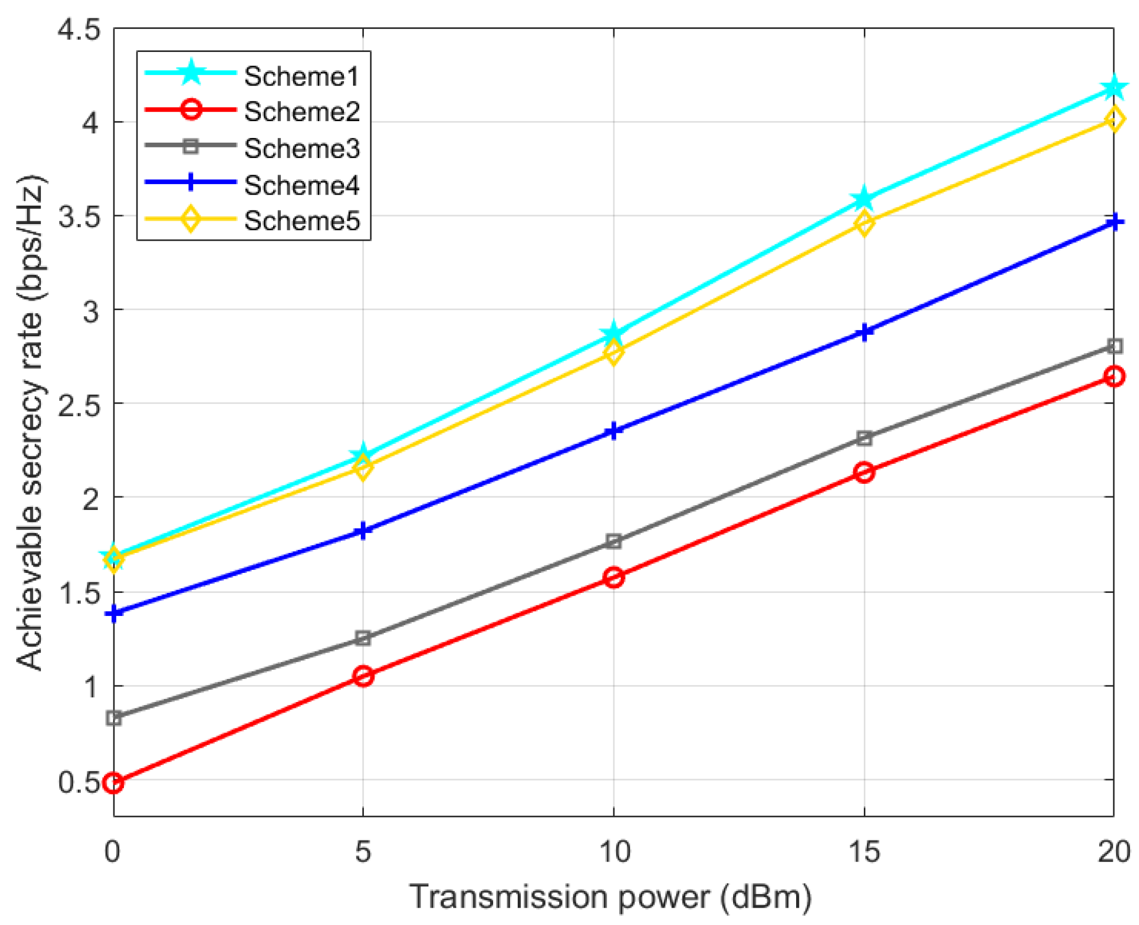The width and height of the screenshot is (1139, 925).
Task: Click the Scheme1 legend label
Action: point(301,76)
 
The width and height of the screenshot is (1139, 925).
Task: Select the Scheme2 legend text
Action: point(301,111)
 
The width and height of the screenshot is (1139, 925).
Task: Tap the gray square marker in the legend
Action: point(191,146)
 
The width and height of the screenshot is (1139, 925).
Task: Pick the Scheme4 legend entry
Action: point(301,185)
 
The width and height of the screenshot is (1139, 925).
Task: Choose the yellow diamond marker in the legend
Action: point(191,219)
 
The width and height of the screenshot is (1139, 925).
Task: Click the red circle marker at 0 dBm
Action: point(113,783)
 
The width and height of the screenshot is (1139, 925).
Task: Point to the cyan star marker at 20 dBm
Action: point(1113,88)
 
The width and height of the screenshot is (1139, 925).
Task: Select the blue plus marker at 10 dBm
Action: point(613,431)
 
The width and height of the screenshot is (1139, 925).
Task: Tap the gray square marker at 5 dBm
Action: point(363,638)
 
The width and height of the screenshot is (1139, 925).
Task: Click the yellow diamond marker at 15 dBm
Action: point(864,223)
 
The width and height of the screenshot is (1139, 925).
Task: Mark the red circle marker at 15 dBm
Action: point(864,472)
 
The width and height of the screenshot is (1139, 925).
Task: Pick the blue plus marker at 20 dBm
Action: point(1113,222)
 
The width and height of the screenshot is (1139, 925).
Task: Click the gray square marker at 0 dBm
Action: point(113,718)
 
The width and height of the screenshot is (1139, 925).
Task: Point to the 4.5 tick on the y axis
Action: point(78,29)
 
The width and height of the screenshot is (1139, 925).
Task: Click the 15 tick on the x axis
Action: point(864,851)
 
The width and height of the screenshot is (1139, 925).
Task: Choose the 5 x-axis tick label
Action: point(363,851)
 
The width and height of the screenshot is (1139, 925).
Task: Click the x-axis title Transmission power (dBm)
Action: point(611,897)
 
